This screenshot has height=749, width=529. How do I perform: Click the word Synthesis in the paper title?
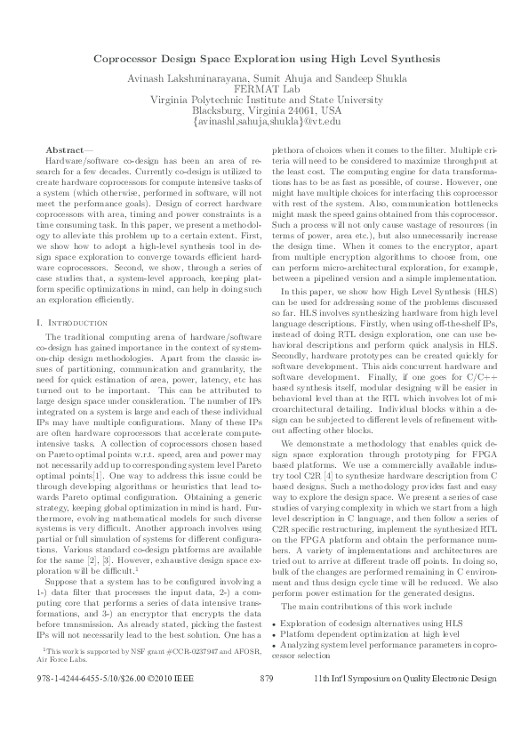point(413,59)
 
